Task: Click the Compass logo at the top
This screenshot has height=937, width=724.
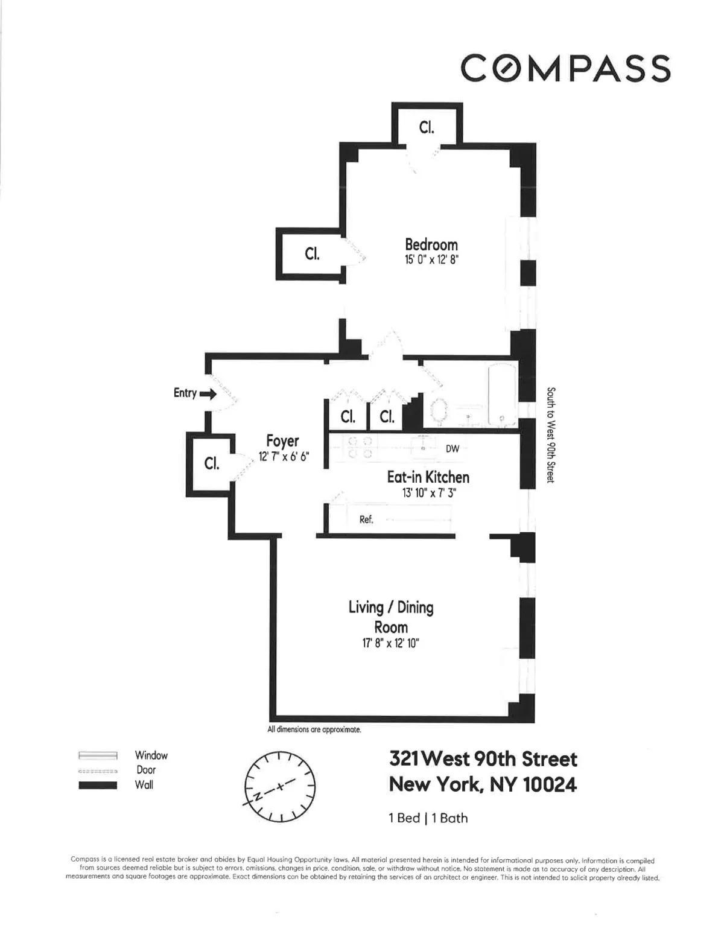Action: coord(565,68)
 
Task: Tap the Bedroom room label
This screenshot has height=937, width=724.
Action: coord(431,244)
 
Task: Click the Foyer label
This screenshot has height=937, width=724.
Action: coord(282,441)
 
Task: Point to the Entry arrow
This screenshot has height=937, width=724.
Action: coord(208,394)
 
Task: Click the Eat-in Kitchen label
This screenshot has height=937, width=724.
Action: coord(428,477)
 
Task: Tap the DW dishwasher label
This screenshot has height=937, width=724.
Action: coord(453,448)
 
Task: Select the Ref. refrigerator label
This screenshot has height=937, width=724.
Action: coord(366,519)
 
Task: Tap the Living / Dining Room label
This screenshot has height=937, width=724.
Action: coord(391,617)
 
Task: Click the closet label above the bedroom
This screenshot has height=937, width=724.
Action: coord(427,128)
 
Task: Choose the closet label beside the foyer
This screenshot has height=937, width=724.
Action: coord(211,463)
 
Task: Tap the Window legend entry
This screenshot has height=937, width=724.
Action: coord(151,755)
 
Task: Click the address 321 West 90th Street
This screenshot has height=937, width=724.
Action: coord(483,758)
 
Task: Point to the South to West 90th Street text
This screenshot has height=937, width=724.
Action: coord(550,434)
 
